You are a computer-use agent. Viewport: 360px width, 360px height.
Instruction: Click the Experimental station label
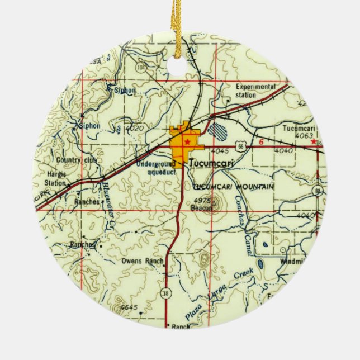click(x=256, y=90)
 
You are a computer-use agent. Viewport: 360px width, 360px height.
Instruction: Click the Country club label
click(x=77, y=160)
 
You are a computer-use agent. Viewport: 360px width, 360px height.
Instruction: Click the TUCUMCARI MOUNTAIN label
click(x=233, y=186)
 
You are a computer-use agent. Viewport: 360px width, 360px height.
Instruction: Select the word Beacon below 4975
click(x=203, y=208)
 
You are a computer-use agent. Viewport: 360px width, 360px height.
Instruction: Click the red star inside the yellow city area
click(x=187, y=142)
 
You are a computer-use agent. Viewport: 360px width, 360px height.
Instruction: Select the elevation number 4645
click(x=128, y=307)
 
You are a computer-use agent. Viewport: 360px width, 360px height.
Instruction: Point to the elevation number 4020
click(x=135, y=129)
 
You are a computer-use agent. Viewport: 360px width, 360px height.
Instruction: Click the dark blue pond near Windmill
click(x=259, y=263)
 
